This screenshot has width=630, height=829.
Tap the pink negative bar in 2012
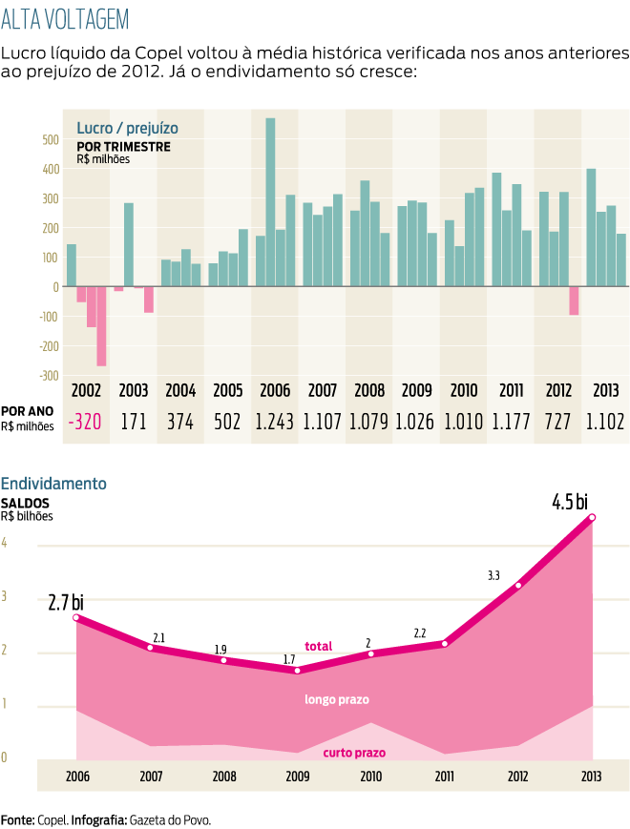pyautogui.click(x=574, y=301)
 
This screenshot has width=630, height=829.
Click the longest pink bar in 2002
pyautogui.click(x=101, y=326)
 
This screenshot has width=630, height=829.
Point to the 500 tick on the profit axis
pyautogui.click(x=49, y=139)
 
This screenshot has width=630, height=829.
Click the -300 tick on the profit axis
pyautogui.click(x=46, y=375)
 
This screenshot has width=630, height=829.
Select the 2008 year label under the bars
pyautogui.click(x=369, y=390)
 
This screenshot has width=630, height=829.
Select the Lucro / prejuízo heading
pyautogui.click(x=127, y=128)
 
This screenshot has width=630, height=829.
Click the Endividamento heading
pyautogui.click(x=53, y=484)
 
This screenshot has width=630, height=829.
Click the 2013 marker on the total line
pyautogui.click(x=593, y=517)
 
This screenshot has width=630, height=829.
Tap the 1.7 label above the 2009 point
pyautogui.click(x=290, y=659)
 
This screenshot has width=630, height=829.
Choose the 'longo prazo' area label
pyautogui.click(x=337, y=699)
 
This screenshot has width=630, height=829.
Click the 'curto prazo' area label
pyautogui.click(x=354, y=753)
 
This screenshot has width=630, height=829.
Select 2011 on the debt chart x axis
pyautogui.click(x=444, y=777)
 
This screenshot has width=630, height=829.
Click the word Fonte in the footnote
pyautogui.click(x=17, y=819)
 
